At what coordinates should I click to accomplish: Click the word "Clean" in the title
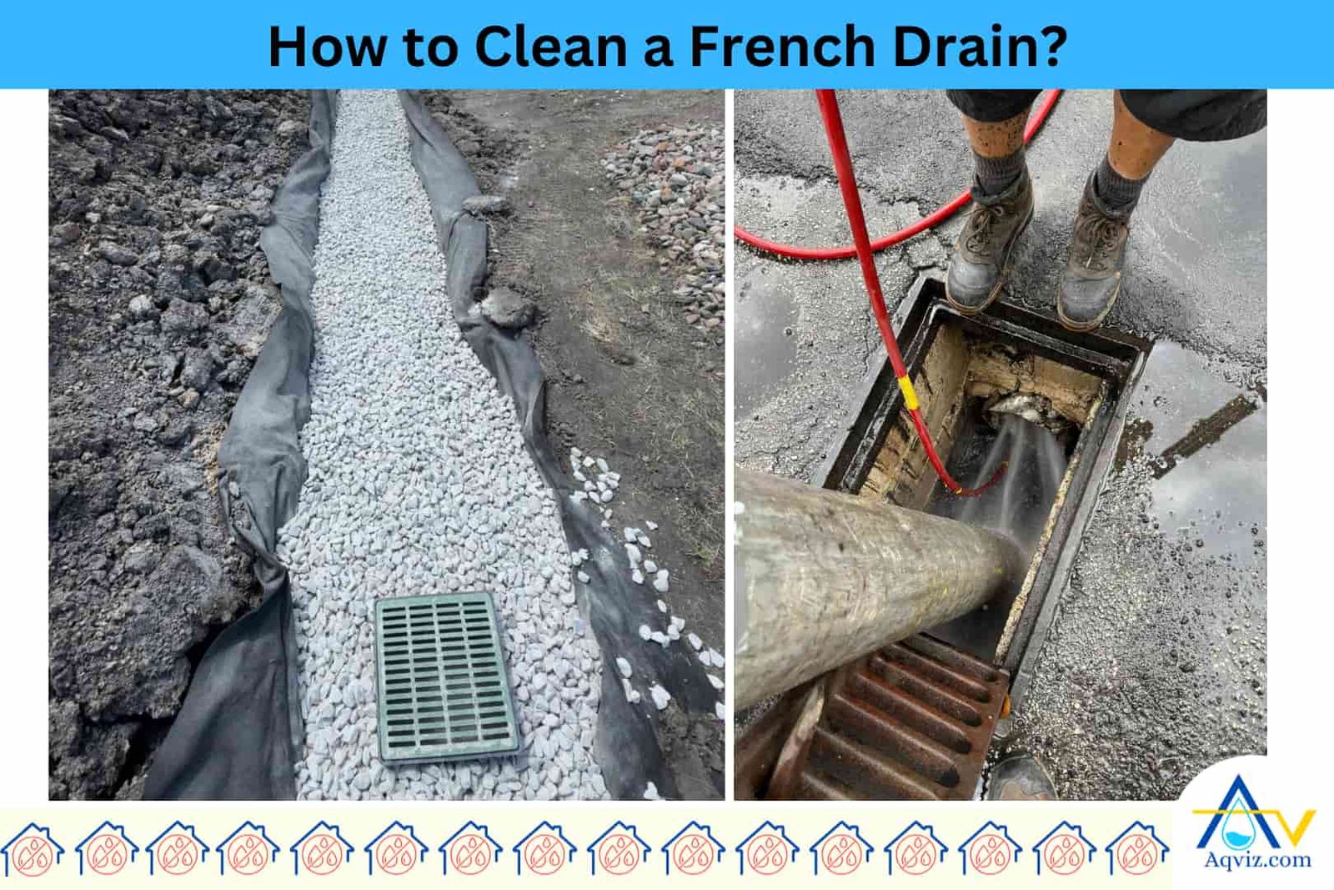(550, 47)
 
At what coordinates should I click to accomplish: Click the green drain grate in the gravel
(446, 676)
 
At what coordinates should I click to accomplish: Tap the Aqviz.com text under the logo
(1257, 860)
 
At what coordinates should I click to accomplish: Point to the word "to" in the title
(430, 47)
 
